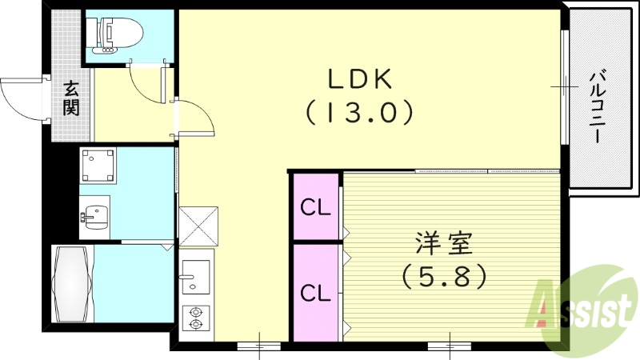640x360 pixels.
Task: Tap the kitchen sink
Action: tap(195, 277)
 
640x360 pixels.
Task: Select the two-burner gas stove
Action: tap(195, 318)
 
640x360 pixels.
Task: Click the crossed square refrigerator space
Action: tap(197, 226)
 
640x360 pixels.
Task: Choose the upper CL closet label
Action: tap(315, 208)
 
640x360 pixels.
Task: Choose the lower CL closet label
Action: tap(315, 293)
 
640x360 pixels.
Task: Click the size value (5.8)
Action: tap(443, 276)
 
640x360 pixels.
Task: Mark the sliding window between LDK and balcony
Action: tap(565, 86)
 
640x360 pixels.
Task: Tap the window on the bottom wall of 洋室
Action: tap(450, 346)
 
